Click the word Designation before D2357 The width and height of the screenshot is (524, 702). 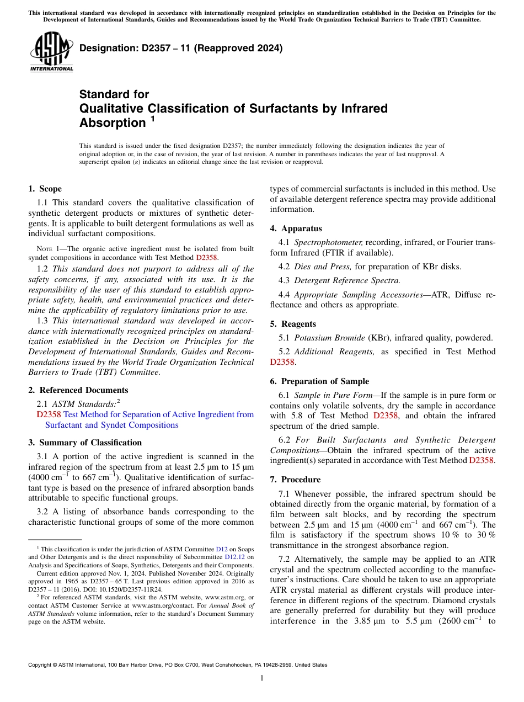105,48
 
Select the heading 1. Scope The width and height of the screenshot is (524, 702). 45,189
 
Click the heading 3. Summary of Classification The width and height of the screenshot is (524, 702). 85,443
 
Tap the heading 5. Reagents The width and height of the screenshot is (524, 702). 293,324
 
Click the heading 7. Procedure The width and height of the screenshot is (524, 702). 295,480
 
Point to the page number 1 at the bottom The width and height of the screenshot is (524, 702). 262,678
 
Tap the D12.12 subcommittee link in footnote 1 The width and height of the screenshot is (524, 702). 234,557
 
